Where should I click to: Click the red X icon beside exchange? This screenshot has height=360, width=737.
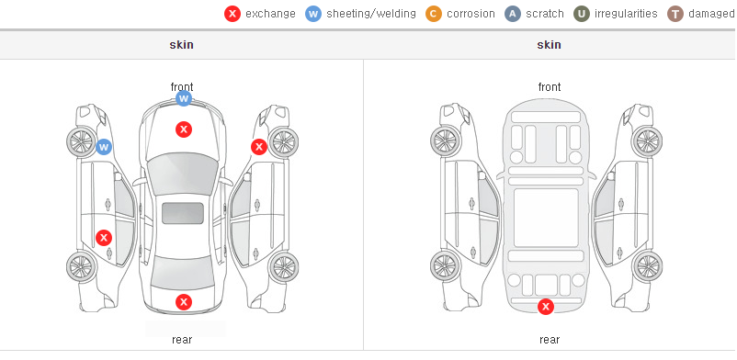click(x=232, y=14)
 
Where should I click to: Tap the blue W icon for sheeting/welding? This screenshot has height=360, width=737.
click(x=313, y=14)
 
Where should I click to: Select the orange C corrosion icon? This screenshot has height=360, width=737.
click(x=434, y=14)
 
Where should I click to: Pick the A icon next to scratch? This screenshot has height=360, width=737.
click(x=513, y=14)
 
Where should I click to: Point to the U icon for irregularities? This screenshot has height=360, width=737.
click(x=582, y=14)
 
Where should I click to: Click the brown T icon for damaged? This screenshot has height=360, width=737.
click(x=675, y=14)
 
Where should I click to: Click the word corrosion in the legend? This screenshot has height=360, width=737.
click(x=471, y=14)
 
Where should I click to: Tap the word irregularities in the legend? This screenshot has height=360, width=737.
click(x=626, y=14)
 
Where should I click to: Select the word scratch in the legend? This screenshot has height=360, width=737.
click(x=545, y=14)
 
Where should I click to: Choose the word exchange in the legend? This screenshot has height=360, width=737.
click(x=270, y=14)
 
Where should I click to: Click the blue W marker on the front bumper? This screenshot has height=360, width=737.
click(x=184, y=98)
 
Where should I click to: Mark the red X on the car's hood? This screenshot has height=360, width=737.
click(x=184, y=129)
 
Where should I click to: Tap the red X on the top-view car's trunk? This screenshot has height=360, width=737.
click(x=184, y=302)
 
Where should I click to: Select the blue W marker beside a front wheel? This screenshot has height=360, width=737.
click(x=104, y=147)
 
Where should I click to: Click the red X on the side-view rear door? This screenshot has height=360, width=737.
click(x=104, y=238)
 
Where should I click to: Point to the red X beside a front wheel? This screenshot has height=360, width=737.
click(x=259, y=147)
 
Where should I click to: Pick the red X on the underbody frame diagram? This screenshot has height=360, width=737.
click(x=546, y=307)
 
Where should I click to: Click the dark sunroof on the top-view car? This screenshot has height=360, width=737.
click(x=183, y=213)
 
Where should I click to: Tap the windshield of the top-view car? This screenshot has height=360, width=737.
click(x=183, y=174)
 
